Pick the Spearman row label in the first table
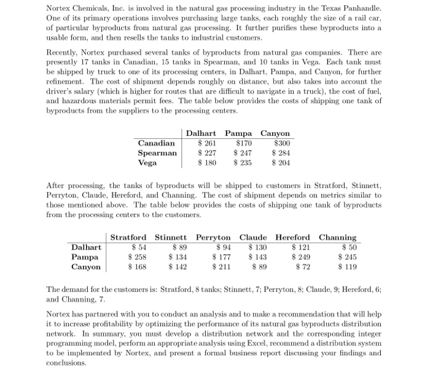(x=157, y=153)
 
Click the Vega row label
(x=147, y=163)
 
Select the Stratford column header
(x=128, y=237)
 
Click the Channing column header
(x=337, y=237)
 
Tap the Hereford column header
(x=293, y=237)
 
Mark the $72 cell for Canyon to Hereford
(x=303, y=267)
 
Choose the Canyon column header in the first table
(x=275, y=133)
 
